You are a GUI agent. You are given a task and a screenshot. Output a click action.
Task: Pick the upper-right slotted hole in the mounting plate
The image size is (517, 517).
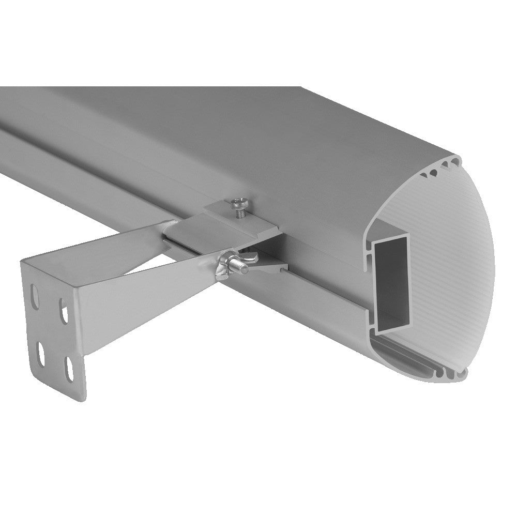point(64,313)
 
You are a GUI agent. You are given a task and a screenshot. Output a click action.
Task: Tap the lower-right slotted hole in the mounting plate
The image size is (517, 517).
point(68,369)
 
